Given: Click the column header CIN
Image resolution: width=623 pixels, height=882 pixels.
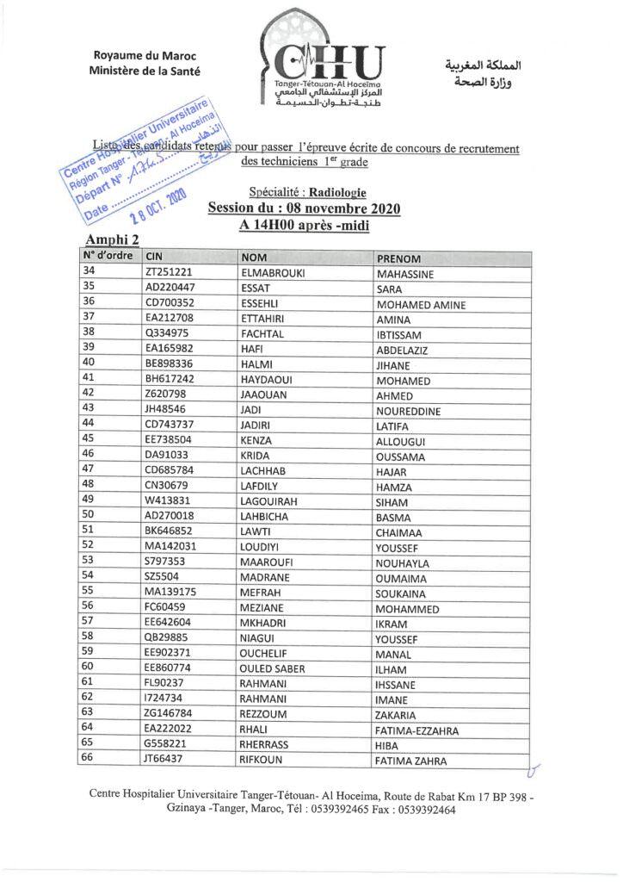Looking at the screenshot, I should (154, 257).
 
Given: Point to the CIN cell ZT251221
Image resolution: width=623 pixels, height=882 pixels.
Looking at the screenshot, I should (170, 273).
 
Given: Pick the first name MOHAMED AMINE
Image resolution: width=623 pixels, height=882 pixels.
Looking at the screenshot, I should (421, 305).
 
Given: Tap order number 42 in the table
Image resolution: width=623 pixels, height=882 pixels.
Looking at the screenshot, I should (88, 393).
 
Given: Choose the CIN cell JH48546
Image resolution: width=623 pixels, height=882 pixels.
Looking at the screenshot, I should (167, 410).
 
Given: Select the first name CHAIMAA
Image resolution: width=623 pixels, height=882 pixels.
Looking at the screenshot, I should (399, 533).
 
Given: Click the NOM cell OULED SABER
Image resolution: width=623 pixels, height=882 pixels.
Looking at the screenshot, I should (273, 668).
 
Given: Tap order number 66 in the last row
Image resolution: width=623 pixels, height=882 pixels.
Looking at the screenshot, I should (88, 758).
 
